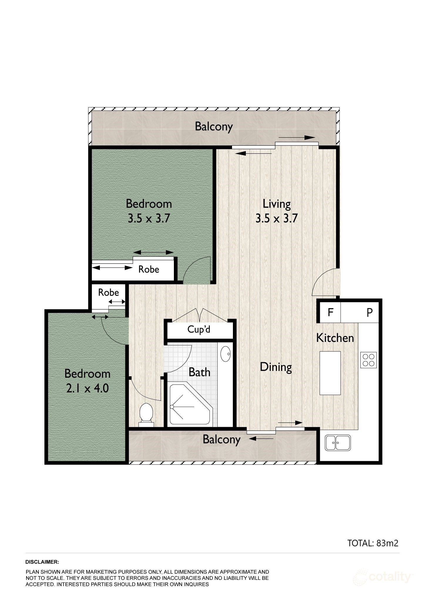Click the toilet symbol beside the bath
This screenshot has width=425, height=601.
point(146,413)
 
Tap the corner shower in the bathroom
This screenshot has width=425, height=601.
point(189,404)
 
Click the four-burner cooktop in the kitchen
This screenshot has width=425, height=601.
point(368,360)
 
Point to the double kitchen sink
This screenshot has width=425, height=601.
point(337,443)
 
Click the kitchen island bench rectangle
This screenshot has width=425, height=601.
point(330,373)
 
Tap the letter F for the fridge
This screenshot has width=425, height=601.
point(330,312)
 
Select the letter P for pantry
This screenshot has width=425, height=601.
point(369,312)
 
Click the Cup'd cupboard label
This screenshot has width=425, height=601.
point(199,330)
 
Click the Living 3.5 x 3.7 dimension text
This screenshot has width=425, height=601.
point(276,218)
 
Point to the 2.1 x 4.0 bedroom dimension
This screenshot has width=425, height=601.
point(87,389)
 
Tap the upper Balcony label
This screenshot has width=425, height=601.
point(214,127)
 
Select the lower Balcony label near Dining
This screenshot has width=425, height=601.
point(221,439)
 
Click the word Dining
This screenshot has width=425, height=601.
point(276,367)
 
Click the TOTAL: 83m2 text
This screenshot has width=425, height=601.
point(373,543)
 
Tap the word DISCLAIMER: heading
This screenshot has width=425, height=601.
point(42,562)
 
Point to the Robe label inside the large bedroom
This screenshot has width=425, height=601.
point(149,269)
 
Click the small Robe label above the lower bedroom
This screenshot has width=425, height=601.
point(108,292)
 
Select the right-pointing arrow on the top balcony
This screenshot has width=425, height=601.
point(297,137)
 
